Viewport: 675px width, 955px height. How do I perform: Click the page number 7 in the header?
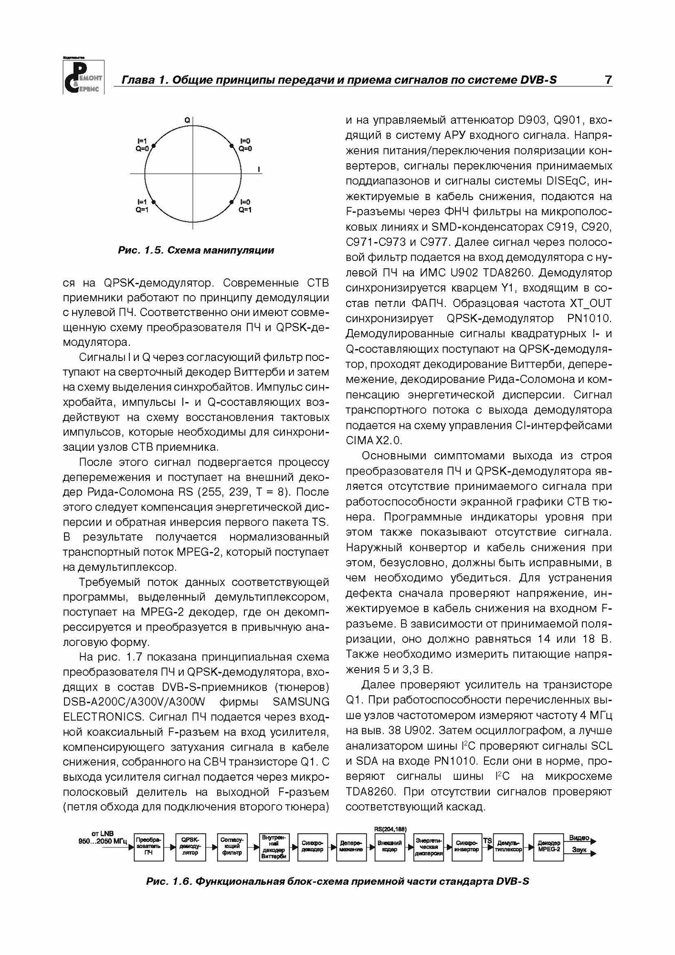(608, 80)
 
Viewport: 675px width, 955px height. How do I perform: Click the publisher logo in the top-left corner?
(83, 76)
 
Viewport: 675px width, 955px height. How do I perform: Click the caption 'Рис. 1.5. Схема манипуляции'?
(196, 250)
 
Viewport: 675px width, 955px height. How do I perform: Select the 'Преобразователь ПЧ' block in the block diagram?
(148, 849)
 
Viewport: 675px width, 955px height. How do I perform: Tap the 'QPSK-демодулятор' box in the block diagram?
(190, 849)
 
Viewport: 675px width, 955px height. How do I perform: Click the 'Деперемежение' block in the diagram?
(351, 849)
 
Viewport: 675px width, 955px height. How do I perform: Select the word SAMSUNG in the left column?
(300, 701)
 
